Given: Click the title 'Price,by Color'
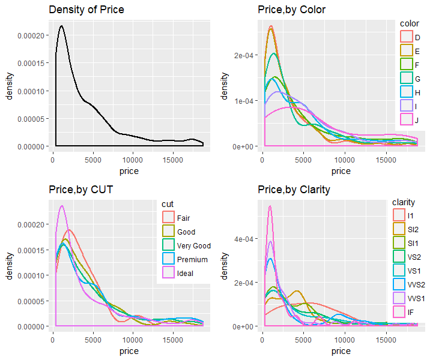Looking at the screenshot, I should point(291,10).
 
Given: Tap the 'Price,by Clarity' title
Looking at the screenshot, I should point(295,190).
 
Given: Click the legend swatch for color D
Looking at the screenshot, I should point(407,37).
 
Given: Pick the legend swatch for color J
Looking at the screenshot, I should point(407,119).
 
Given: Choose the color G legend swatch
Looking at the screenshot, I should point(407,79).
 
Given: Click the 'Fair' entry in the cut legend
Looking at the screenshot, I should point(169,218).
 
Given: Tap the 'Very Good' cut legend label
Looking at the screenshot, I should point(193,246).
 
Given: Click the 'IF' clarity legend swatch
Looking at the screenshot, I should point(398,313).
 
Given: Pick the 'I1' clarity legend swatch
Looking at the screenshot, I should point(398,215).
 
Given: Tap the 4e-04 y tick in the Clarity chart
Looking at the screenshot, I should point(246,239).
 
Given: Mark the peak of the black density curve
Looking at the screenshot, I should point(61,26).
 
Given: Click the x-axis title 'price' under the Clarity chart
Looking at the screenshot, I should point(341,351).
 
